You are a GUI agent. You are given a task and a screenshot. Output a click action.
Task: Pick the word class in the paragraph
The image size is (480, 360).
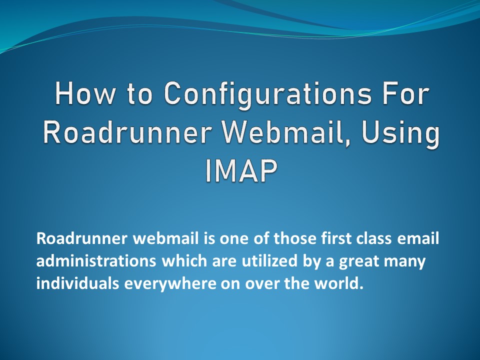(x=375, y=238)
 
